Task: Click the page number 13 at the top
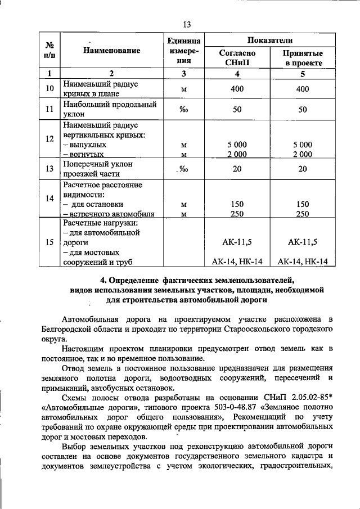coord(187,24)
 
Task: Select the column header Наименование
coord(111,51)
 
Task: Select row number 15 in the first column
coord(49,242)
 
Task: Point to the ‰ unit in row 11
coord(183,110)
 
